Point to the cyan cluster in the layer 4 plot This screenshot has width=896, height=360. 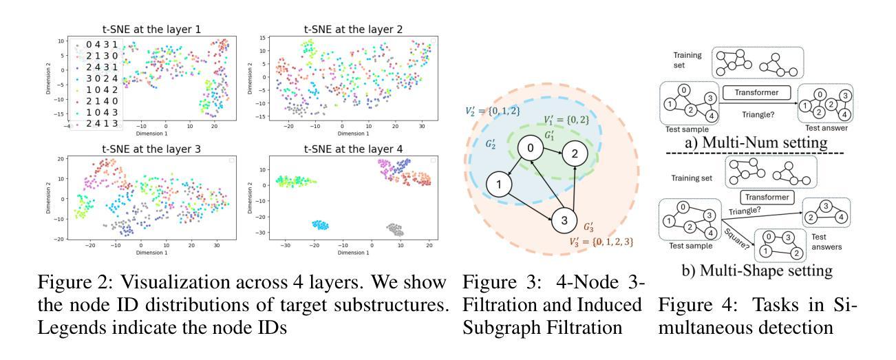[319, 225]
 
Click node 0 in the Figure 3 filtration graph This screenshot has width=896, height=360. [530, 149]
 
